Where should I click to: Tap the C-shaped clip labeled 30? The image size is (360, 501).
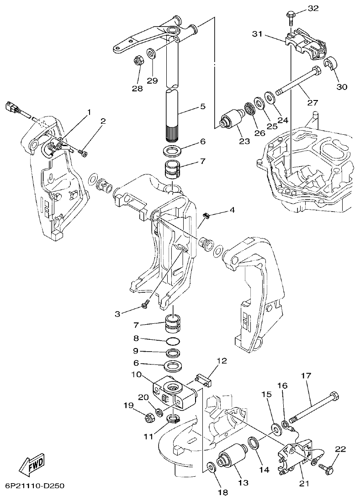(330, 64)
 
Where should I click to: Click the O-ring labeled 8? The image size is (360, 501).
(172, 341)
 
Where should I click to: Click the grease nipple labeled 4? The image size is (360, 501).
(206, 215)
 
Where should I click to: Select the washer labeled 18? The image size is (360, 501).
(211, 467)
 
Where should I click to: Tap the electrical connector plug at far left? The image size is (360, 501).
(12, 109)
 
